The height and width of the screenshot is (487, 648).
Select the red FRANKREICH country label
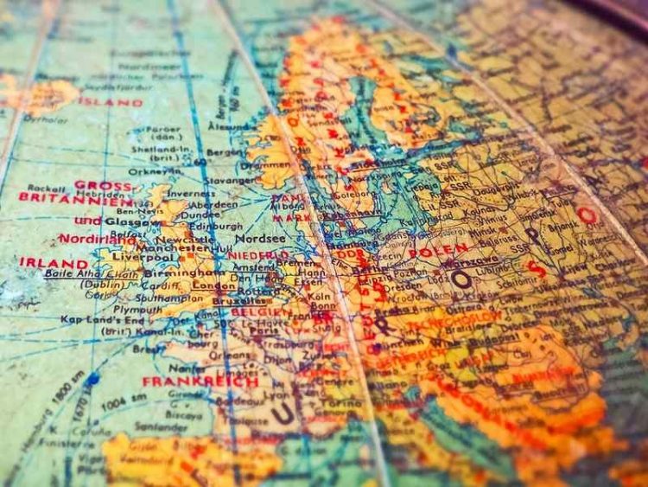200,381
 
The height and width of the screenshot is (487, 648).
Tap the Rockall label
41,187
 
